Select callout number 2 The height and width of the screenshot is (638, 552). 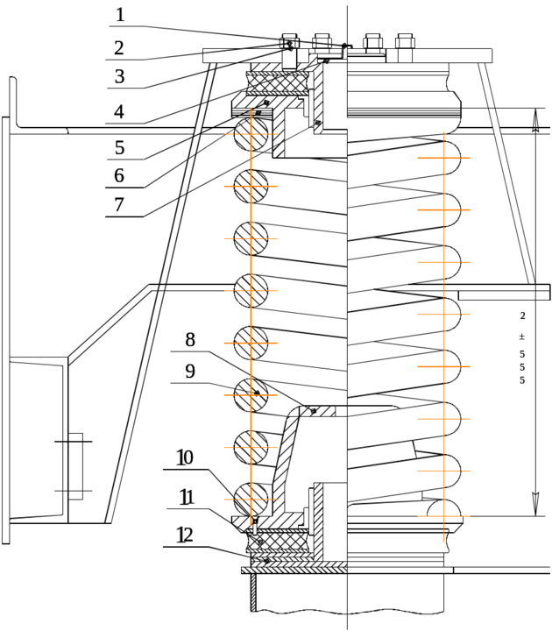[120, 46]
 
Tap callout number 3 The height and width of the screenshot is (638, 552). [120, 76]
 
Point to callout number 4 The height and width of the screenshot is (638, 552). [120, 112]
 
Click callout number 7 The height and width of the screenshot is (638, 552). [120, 207]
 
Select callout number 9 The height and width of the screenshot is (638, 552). [190, 371]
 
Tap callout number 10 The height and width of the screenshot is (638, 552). [184, 457]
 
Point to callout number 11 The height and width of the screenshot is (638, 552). [185, 497]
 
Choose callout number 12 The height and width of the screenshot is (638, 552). [185, 534]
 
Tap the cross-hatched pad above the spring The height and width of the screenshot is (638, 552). [278, 83]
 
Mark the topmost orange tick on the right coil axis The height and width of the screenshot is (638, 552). [443, 158]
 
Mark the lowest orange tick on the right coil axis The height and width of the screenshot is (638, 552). [443, 516]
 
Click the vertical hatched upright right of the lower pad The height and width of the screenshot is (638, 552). [321, 521]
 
